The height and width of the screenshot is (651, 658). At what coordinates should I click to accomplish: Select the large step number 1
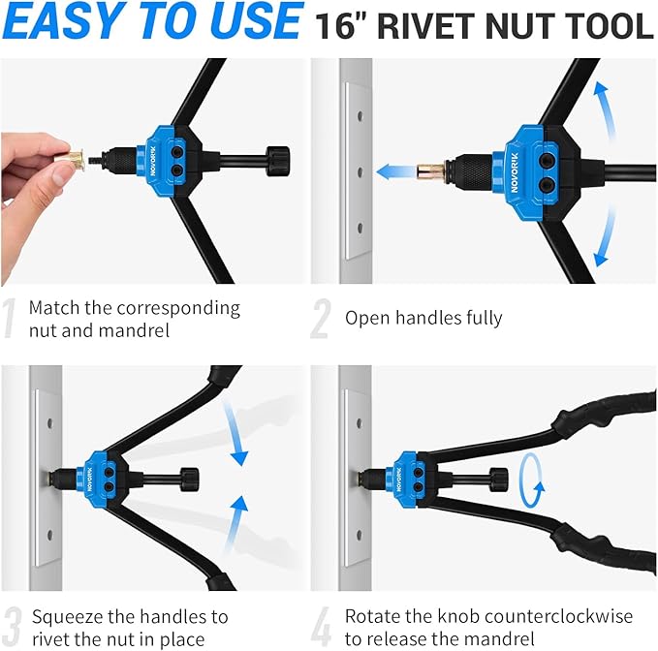click(x=11, y=320)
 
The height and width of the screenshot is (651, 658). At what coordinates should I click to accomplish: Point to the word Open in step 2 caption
click(x=366, y=317)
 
